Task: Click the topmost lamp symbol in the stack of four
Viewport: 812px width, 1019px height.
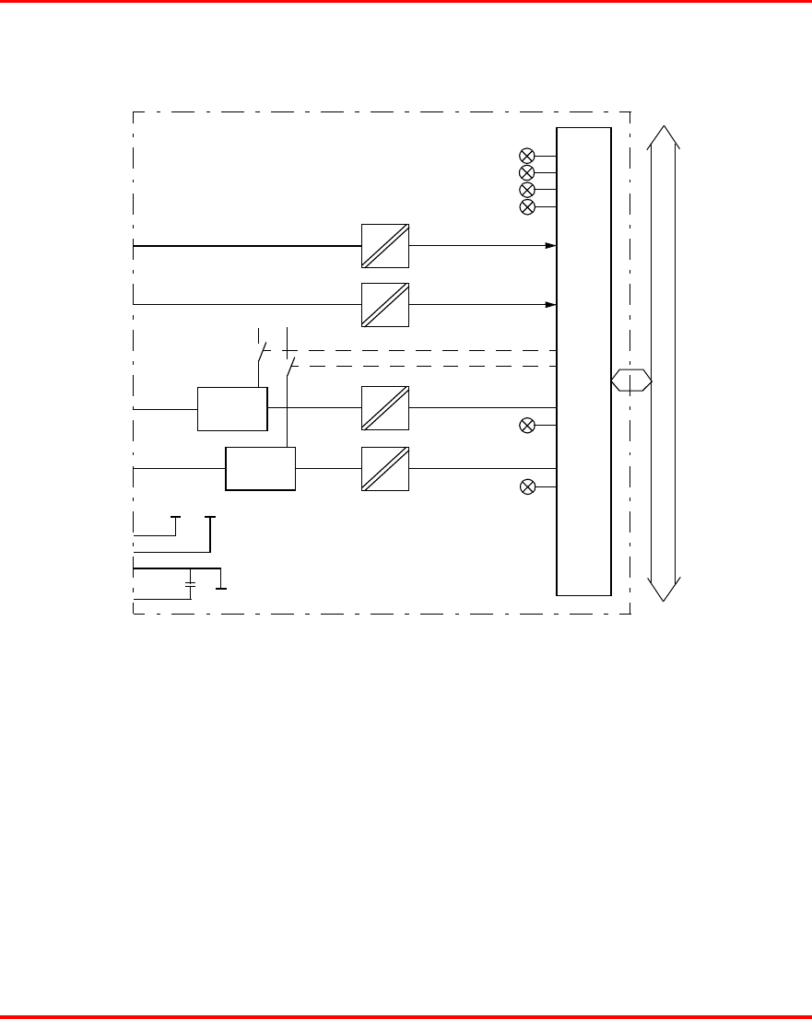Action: tap(527, 155)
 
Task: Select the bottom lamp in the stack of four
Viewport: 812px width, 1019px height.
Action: tap(527, 206)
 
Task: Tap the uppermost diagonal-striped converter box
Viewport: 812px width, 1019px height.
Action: tap(385, 246)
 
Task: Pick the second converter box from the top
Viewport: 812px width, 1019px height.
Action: tap(385, 304)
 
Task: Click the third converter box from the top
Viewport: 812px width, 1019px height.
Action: tap(385, 407)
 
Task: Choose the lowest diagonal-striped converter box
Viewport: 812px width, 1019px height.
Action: tap(385, 468)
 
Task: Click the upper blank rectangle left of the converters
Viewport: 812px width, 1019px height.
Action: tap(232, 408)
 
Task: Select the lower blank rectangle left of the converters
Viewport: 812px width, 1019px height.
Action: tap(261, 469)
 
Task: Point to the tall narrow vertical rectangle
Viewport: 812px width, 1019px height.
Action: tap(583, 361)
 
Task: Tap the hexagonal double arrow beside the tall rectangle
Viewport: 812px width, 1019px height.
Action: tap(632, 380)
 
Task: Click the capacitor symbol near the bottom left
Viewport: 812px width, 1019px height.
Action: tap(190, 584)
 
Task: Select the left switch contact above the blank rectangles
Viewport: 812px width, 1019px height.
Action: tap(261, 352)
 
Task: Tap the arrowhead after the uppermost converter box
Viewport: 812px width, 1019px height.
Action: tap(550, 246)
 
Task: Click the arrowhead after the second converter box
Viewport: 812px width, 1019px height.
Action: tap(550, 304)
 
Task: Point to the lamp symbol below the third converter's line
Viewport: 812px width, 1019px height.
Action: tap(527, 425)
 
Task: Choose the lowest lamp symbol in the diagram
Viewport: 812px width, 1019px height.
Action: tap(527, 486)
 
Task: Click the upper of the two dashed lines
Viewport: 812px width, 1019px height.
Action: tap(415, 351)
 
